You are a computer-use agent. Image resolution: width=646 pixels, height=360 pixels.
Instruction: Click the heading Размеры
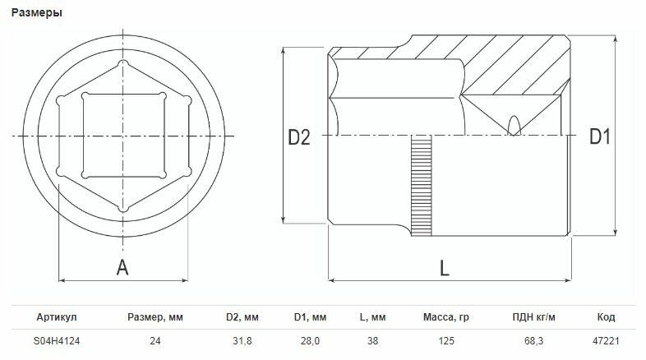point(37,13)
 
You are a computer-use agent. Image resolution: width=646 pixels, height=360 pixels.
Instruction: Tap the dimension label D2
point(298,137)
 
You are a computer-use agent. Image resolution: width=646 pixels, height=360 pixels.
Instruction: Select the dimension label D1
point(599,136)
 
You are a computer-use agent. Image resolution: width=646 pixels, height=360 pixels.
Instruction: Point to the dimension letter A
point(122,268)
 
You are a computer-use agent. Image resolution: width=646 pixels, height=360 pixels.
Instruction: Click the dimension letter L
point(444,269)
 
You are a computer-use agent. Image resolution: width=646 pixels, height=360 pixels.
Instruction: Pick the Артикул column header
point(57,317)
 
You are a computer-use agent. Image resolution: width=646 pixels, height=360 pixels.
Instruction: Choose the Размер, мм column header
point(155,317)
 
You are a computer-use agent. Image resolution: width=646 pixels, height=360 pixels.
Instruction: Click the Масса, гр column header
point(445,317)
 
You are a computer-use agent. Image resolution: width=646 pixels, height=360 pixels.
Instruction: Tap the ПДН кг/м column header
point(534,317)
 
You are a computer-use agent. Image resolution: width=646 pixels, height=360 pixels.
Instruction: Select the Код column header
point(606,317)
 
